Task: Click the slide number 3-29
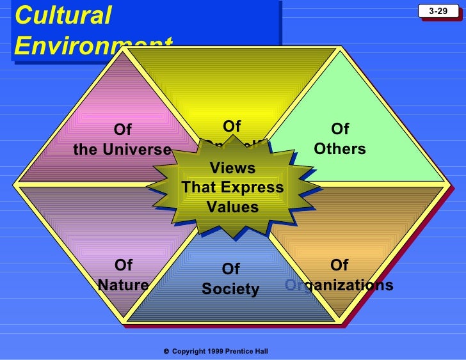pos(438,11)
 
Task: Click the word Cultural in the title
pos(63,15)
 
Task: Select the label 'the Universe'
pos(122,150)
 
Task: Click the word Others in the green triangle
pos(340,149)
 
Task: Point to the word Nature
pos(123,285)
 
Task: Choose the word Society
pos(230,289)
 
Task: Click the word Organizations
pos(339,285)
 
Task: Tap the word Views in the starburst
pos(232,168)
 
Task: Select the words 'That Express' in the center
pos(232,187)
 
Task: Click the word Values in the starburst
pos(232,207)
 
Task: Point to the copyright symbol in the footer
pos(166,352)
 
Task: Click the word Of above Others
pos(340,129)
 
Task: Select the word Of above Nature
pos(123,265)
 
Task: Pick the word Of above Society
pos(230,269)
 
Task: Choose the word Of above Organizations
pos(339,265)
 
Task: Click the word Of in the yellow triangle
pos(232,126)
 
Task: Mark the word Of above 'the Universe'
pos(122,130)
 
